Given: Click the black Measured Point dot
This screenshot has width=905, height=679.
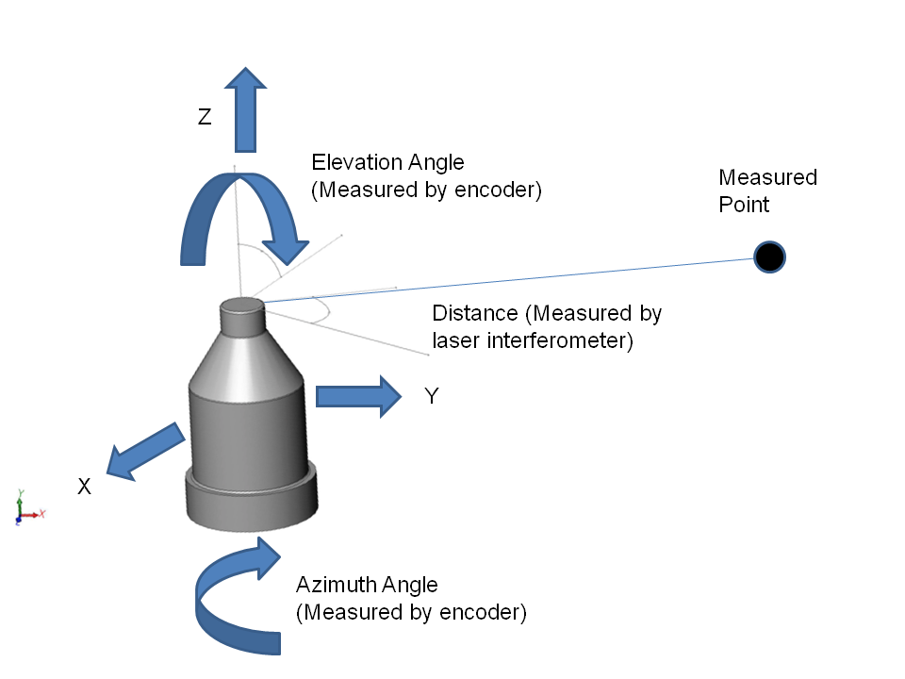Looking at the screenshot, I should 769,256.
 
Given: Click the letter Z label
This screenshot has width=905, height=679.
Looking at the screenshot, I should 205,117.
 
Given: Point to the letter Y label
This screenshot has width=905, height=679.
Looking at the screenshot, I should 431,397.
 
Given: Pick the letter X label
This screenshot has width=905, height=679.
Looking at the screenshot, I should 84,487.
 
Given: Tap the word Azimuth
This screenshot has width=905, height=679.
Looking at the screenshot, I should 333,585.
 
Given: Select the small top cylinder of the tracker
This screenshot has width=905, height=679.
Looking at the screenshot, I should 241,318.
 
